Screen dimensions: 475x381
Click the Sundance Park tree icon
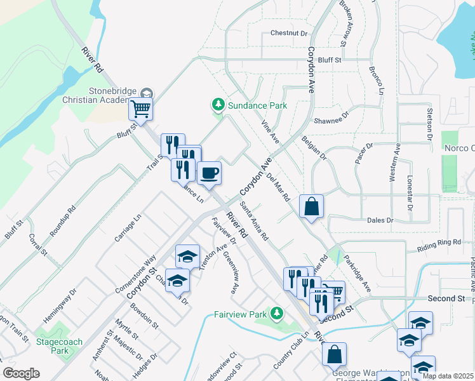(218, 104)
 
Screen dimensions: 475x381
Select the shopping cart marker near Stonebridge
(140, 109)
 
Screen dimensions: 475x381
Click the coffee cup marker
(209, 173)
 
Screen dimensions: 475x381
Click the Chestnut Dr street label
(288, 32)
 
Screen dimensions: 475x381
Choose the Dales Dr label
(380, 220)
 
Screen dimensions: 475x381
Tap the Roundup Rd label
(63, 217)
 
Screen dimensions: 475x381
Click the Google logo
(21, 373)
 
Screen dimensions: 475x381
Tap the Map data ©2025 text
(447, 376)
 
